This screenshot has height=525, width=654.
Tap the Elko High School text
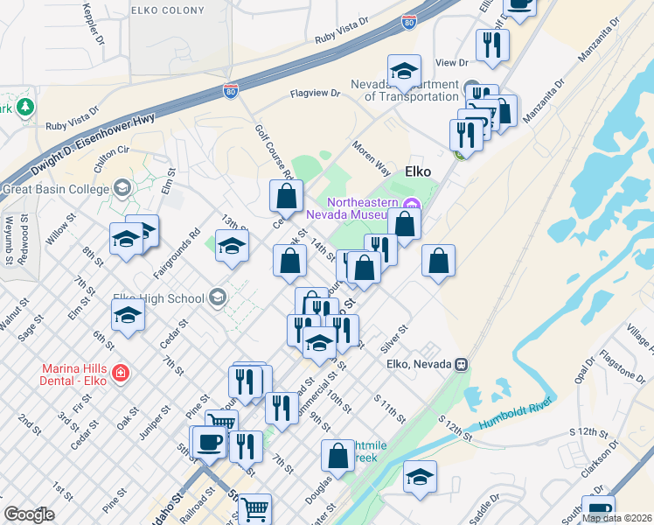point(162,298)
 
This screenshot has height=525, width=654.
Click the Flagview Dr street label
point(320,93)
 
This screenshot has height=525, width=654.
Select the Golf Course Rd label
point(270,152)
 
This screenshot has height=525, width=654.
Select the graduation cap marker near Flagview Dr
point(404,72)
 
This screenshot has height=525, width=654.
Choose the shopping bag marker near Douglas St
point(337,456)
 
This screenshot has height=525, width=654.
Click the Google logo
point(29,514)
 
